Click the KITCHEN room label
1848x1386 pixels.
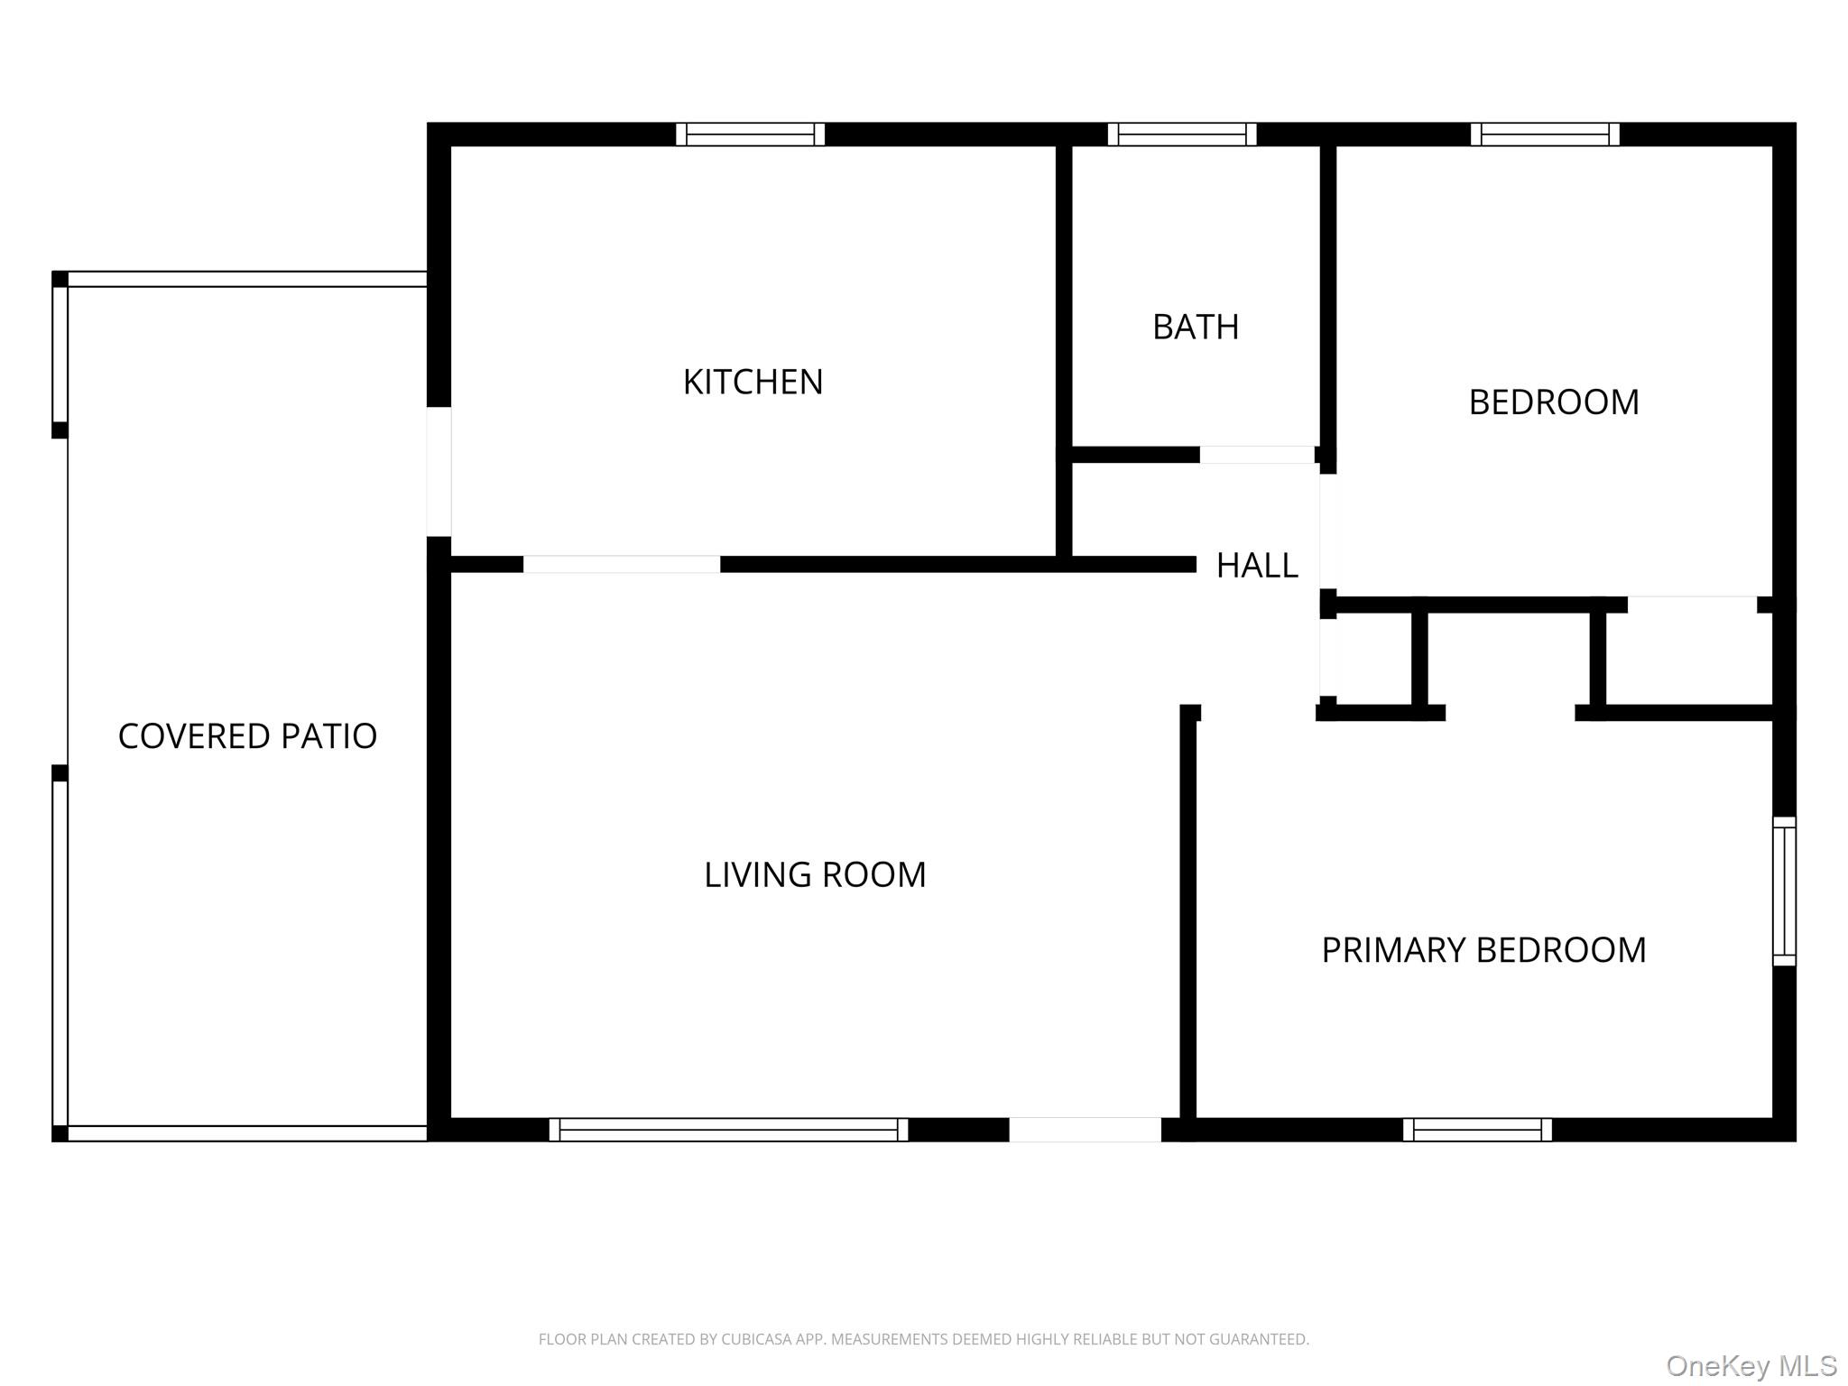pyautogui.click(x=753, y=383)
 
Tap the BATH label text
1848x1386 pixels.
pyautogui.click(x=1196, y=328)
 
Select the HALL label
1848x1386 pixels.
pyautogui.click(x=1257, y=566)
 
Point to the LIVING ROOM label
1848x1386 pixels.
pyautogui.click(x=815, y=875)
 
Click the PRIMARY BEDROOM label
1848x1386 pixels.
pyautogui.click(x=1483, y=950)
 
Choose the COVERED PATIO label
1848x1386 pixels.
pyautogui.click(x=247, y=736)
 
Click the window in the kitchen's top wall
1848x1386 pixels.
pyautogui.click(x=750, y=134)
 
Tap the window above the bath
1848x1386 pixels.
pyautogui.click(x=1182, y=134)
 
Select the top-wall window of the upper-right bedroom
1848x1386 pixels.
pyautogui.click(x=1545, y=134)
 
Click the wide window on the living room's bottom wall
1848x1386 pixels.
pyautogui.click(x=728, y=1130)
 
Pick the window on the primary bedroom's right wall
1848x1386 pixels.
pyautogui.click(x=1784, y=891)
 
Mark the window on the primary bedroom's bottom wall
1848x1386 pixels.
pyautogui.click(x=1477, y=1130)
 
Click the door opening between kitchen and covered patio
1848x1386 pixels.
pyautogui.click(x=439, y=471)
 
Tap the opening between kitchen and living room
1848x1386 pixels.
pyautogui.click(x=622, y=564)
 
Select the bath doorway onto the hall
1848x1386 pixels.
pyautogui.click(x=1256, y=455)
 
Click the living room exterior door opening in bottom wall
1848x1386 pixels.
pyautogui.click(x=1085, y=1130)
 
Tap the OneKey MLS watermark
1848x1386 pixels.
pyautogui.click(x=1751, y=1366)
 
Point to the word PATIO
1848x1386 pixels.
pyautogui.click(x=328, y=736)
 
